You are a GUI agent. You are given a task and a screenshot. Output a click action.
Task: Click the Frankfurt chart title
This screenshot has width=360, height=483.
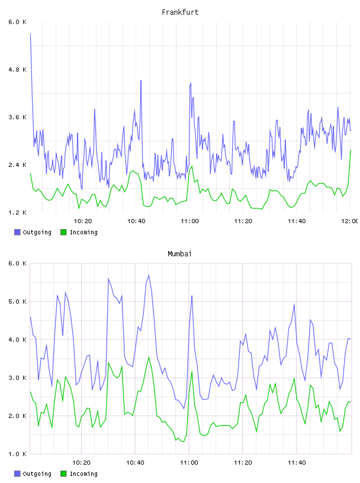point(180,12)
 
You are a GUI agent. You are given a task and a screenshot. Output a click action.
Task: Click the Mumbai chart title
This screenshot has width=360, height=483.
point(179,254)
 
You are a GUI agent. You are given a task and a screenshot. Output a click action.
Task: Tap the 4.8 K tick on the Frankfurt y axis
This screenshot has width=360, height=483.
point(18,70)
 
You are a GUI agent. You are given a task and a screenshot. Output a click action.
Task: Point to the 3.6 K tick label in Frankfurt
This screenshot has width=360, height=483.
point(18,117)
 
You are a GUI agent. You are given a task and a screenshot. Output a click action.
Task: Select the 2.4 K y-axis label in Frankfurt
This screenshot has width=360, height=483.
point(18,165)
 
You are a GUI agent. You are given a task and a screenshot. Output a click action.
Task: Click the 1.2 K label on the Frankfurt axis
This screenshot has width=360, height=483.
point(18,212)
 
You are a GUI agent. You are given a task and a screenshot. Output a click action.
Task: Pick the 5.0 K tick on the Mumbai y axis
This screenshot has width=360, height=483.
point(18,301)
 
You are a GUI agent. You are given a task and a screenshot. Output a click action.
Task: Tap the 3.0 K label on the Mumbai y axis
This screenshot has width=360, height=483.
point(18,378)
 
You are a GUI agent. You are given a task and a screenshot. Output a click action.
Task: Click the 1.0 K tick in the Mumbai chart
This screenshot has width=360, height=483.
point(18,454)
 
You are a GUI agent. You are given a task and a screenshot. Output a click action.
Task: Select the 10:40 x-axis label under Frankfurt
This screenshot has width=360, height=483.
point(136,221)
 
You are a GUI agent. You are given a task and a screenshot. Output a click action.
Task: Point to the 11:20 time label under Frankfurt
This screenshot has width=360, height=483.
point(243,221)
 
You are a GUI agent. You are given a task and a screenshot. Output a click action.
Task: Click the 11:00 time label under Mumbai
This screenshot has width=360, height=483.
point(189,463)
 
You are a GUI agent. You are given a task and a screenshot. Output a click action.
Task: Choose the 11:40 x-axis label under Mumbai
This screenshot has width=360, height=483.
point(297,463)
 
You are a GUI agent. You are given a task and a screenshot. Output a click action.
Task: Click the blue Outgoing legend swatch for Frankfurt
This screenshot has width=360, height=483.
point(17,232)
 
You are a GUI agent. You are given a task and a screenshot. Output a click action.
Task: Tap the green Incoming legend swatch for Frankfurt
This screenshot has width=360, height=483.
point(63,232)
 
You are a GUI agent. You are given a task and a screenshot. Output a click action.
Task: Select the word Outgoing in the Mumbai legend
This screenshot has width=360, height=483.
point(37,474)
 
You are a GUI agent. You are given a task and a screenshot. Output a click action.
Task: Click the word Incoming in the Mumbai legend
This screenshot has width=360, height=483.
point(83,474)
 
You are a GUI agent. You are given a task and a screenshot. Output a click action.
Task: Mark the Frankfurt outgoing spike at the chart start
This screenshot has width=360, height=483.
point(30,34)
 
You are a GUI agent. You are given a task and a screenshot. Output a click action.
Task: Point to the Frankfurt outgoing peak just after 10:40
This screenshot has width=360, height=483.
point(141,80)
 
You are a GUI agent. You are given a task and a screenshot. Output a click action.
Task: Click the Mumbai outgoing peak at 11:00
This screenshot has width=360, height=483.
point(192,296)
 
